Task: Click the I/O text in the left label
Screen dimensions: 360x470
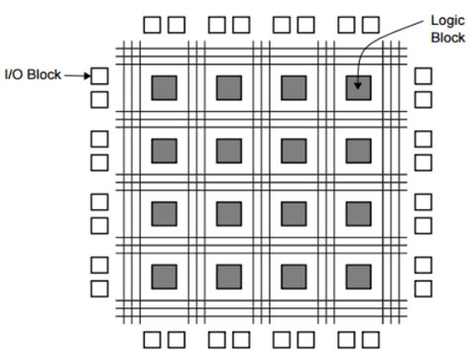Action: [x=15, y=73]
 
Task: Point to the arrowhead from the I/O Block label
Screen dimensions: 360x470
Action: [x=85, y=73]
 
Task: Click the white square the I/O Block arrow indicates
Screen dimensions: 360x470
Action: [x=99, y=75]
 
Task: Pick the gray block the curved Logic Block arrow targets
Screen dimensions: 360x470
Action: [x=358, y=87]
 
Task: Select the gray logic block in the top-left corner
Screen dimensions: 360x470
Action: [x=164, y=87]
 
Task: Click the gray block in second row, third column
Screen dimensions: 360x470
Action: [x=294, y=150]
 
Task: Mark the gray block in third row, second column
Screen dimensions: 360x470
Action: [x=228, y=212]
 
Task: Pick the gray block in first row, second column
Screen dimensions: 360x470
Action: [x=228, y=87]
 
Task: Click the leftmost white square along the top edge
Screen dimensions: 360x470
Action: [x=153, y=22]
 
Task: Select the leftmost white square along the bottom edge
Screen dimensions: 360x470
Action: [x=153, y=339]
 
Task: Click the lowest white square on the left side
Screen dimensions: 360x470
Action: [x=99, y=288]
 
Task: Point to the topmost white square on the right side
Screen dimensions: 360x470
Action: [x=422, y=75]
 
